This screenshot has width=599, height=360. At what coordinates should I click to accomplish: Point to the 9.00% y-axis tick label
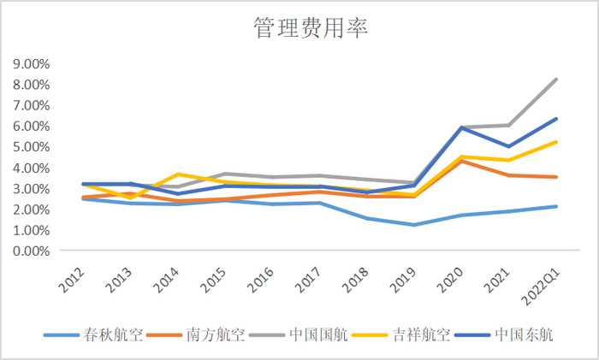[x=30, y=63]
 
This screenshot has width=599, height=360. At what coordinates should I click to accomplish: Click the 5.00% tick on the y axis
[x=30, y=146]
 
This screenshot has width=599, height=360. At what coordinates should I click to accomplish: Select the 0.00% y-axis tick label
[x=30, y=251]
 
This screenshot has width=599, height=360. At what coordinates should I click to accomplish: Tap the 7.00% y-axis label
[x=30, y=105]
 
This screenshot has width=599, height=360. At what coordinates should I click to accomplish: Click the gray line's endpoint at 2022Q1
[x=556, y=79]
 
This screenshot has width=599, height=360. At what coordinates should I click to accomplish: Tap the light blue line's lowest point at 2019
[x=413, y=225]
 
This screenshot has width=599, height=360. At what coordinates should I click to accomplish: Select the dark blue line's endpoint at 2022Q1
[x=556, y=119]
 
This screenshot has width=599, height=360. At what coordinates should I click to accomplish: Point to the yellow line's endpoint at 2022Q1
[x=556, y=142]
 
